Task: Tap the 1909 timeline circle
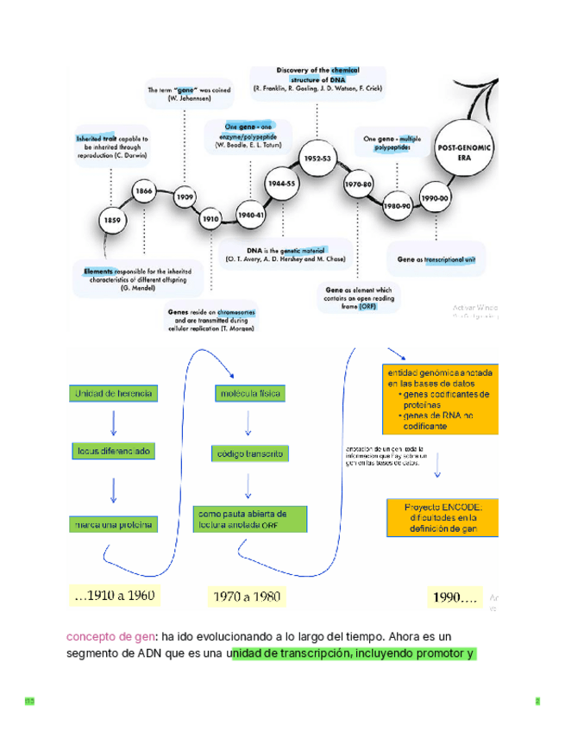click(185, 197)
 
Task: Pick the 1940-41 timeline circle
click(251, 214)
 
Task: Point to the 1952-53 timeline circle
click(317, 159)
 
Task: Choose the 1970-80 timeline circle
click(358, 185)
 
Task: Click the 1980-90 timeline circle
click(396, 207)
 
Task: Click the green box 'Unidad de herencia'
click(114, 394)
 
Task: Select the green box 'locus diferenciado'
click(114, 451)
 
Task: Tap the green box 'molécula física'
click(248, 394)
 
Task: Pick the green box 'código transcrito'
click(248, 453)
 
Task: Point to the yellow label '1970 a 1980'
click(247, 596)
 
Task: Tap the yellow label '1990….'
click(456, 596)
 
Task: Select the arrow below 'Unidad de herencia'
click(114, 422)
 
